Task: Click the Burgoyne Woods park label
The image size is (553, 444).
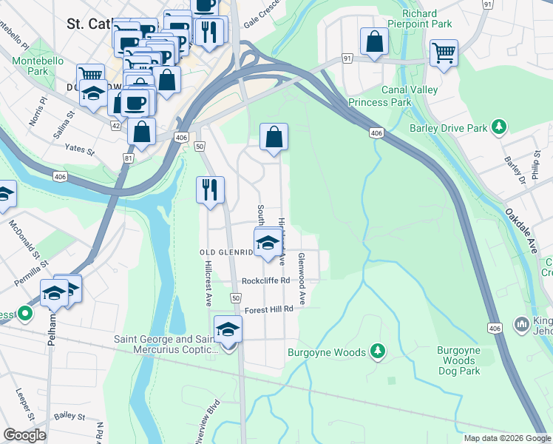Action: (327, 352)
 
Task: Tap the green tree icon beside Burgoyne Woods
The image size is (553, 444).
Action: (379, 349)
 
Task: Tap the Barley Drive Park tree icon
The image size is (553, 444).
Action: (501, 127)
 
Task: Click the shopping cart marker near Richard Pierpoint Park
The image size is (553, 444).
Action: (444, 51)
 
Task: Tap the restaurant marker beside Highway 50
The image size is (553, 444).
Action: (210, 189)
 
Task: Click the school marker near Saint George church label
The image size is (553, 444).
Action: (228, 329)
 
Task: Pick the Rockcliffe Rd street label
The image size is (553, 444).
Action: (265, 281)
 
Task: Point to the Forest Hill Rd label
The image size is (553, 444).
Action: (269, 310)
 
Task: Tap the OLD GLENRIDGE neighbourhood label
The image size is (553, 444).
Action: (228, 252)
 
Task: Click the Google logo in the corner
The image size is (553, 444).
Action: (24, 435)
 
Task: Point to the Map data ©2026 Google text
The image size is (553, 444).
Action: (507, 438)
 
